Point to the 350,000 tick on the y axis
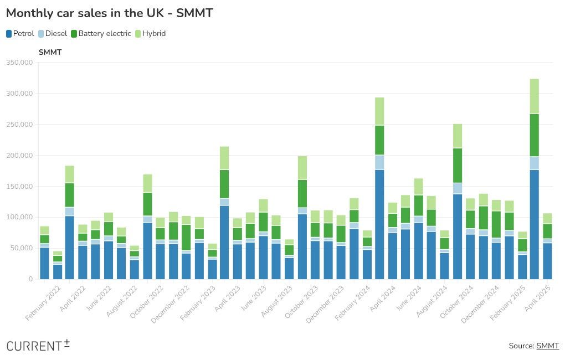(x=19, y=63)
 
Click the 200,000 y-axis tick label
(x=19, y=156)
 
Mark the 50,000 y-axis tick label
(x=21, y=248)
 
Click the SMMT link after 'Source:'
(x=547, y=346)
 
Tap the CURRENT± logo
(x=38, y=345)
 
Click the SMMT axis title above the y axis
(x=50, y=52)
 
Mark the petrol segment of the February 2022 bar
(x=44, y=263)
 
